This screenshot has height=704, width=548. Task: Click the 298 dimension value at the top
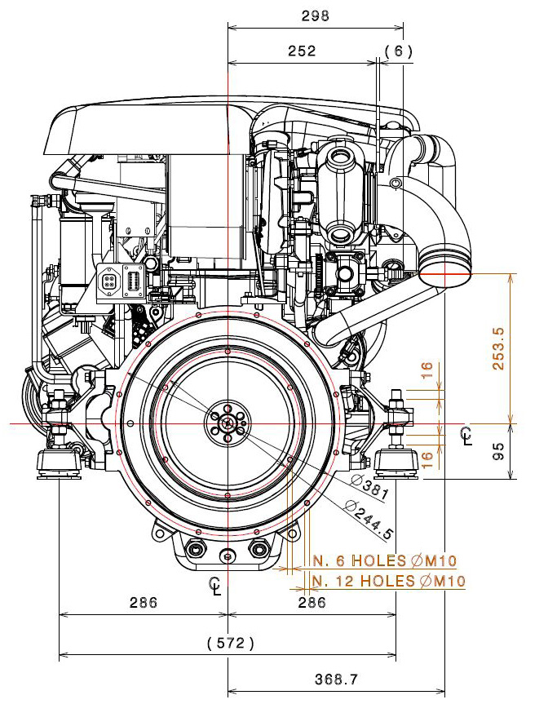pos(315,15)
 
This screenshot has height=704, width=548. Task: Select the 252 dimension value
pos(302,51)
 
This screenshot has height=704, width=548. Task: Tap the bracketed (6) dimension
pos(398,51)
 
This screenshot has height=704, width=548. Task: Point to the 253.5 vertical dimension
pos(498,348)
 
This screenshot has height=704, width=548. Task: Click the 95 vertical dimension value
pos(498,452)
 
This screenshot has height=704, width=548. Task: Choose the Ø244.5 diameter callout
pos(369,519)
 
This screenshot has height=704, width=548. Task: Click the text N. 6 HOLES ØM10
pos(385,560)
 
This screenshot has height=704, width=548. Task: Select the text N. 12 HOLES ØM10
pos(389,581)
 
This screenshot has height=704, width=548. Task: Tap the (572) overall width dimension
pos(231,643)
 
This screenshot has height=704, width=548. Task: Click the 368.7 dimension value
pos(336,680)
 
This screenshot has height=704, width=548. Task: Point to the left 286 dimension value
pos(144,602)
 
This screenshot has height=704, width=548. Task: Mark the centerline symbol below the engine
pos(215,586)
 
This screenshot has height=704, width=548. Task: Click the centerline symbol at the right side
pos(466,436)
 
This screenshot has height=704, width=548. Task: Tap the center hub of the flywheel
pos(228,423)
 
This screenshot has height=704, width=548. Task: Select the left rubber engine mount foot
pos(60,465)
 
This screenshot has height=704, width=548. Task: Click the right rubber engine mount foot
pos(396,464)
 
